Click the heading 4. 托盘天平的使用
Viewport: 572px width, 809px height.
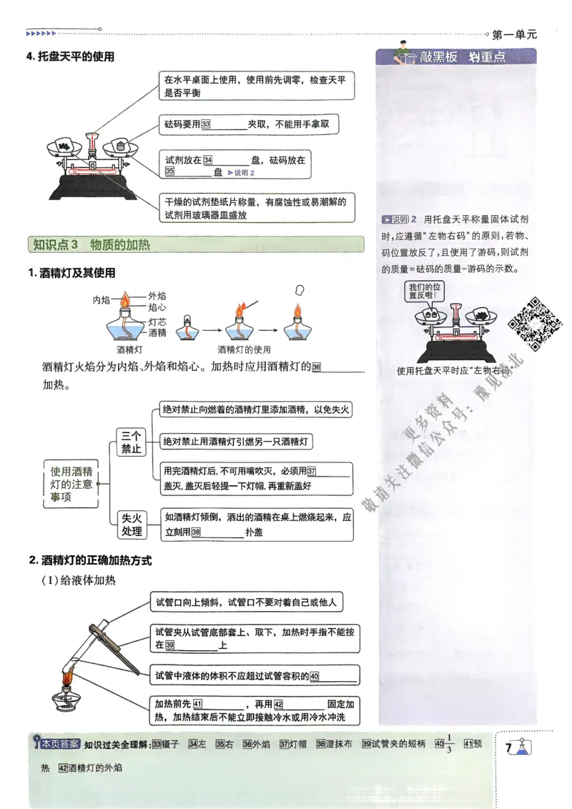pyautogui.click(x=70, y=56)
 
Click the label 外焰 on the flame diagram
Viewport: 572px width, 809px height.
pyautogui.click(x=157, y=294)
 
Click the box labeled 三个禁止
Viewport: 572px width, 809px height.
pyautogui.click(x=132, y=442)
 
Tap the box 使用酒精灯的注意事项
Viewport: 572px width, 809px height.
pyautogui.click(x=71, y=483)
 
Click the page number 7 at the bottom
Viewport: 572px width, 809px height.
pyautogui.click(x=508, y=748)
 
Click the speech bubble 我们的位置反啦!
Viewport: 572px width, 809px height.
pyautogui.click(x=425, y=289)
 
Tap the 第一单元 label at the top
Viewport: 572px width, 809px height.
pyautogui.click(x=514, y=34)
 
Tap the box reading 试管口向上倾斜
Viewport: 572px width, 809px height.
pyautogui.click(x=245, y=602)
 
